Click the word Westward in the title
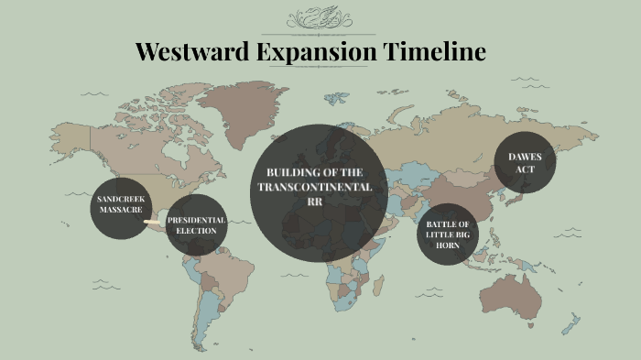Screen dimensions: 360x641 (190, 51)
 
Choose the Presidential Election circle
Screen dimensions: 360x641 (196, 225)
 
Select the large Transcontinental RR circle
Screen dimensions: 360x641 (318, 192)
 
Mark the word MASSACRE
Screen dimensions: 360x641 (121, 210)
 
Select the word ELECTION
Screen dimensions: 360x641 (196, 231)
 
